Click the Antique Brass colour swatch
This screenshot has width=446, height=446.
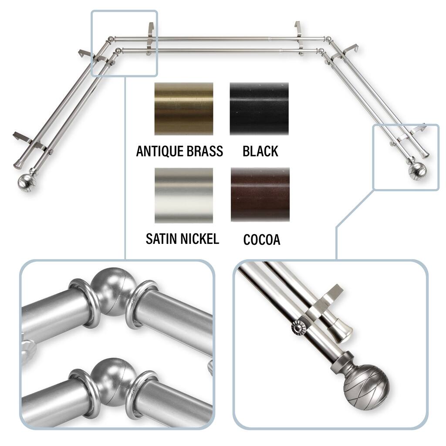[x=184, y=108]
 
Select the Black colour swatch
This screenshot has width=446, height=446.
[x=259, y=108]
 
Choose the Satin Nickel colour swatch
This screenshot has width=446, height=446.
[x=184, y=196]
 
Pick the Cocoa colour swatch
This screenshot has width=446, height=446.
[x=260, y=195]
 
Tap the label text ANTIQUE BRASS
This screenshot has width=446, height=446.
[x=179, y=151]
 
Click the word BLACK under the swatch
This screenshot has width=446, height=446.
[x=260, y=151]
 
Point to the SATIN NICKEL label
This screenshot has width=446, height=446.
[x=182, y=239]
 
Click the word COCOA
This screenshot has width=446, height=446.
[x=262, y=240]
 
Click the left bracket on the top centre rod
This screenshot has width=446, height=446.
[x=150, y=38]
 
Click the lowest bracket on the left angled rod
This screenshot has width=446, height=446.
[x=28, y=142]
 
